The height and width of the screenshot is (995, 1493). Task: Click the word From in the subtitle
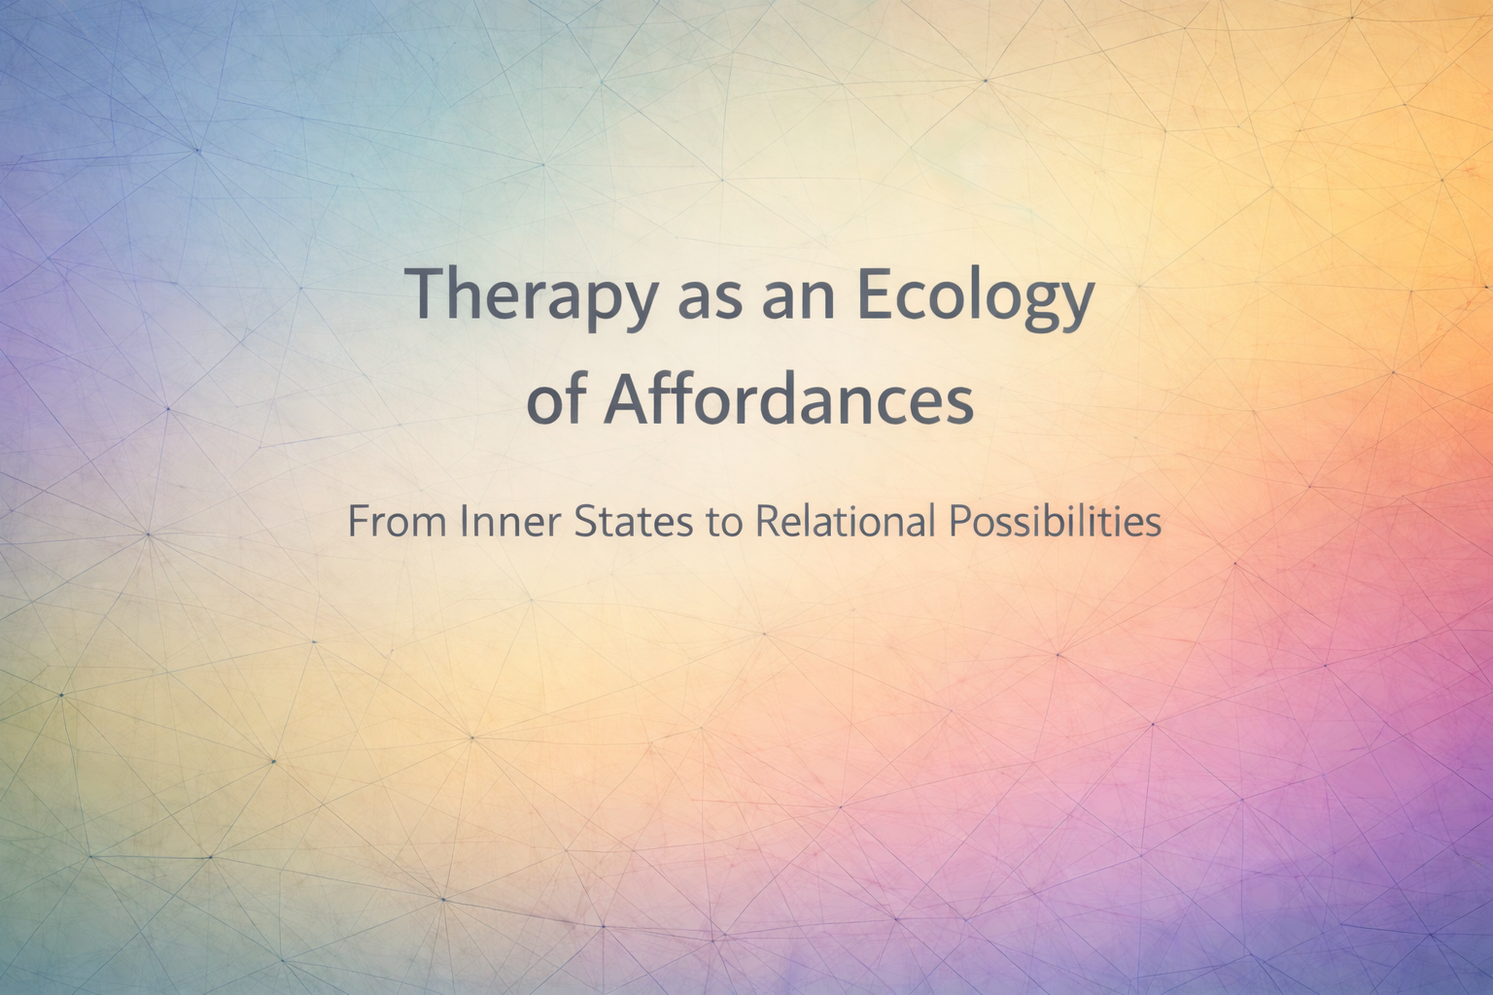[398, 522]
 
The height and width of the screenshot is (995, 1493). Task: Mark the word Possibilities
[1055, 522]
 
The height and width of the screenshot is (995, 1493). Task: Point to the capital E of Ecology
[875, 293]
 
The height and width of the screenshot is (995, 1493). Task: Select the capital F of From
[359, 523]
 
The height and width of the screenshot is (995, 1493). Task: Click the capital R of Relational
[767, 523]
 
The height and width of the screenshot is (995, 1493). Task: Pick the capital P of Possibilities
[958, 523]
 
